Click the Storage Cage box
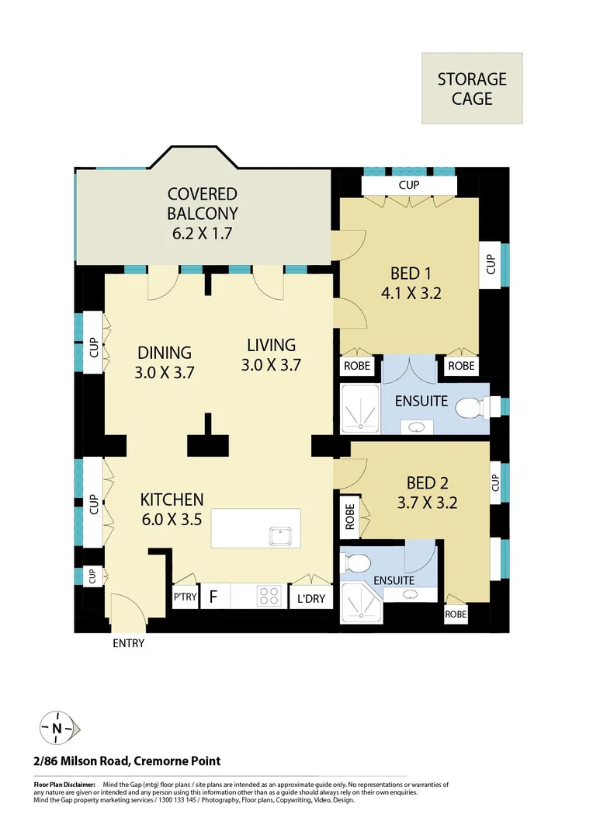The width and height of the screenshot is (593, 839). [x=472, y=89]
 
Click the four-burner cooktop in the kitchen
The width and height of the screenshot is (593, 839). [x=269, y=597]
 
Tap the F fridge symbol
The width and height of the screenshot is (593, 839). [x=213, y=598]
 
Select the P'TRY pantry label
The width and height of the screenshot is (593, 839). [x=185, y=598]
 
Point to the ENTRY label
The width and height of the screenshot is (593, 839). [x=129, y=643]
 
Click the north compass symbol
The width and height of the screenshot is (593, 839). [x=57, y=728]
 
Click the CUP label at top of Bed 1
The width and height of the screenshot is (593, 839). [x=409, y=186]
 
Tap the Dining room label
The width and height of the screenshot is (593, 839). [x=165, y=353]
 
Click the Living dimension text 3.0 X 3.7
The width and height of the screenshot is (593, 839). [x=272, y=364]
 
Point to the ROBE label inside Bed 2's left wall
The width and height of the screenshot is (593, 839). [x=350, y=517]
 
